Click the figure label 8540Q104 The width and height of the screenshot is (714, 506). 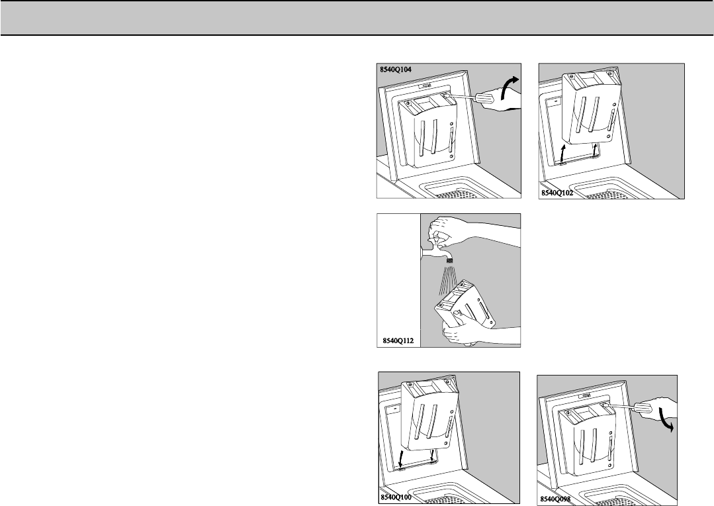[x=396, y=70]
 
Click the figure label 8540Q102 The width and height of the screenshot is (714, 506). [x=557, y=193]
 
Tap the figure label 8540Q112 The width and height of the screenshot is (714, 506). [x=398, y=340]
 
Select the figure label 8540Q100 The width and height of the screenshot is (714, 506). [x=396, y=497]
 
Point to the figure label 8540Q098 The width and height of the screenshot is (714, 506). [x=555, y=499]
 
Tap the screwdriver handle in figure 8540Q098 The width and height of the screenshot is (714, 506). [x=645, y=405]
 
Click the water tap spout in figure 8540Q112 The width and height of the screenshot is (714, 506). [x=119, y=253]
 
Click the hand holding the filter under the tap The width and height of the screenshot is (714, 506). [x=460, y=335]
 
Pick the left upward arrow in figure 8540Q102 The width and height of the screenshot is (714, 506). [x=563, y=153]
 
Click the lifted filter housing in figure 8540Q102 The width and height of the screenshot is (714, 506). [x=590, y=109]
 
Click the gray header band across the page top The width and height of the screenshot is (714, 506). [x=357, y=18]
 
